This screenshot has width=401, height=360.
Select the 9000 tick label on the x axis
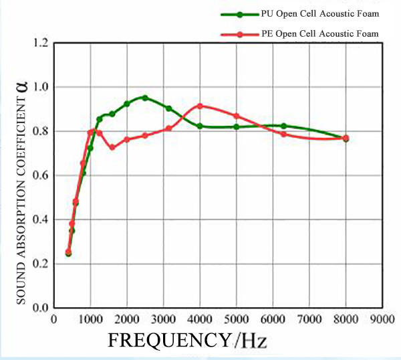pyautogui.click(x=382, y=320)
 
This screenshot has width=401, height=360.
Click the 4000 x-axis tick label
pyautogui.click(x=200, y=320)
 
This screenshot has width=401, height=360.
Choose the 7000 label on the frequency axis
pyautogui.click(x=309, y=320)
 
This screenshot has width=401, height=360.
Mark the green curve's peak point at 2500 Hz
pyautogui.click(x=145, y=98)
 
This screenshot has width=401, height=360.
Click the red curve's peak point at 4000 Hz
pyautogui.click(x=200, y=106)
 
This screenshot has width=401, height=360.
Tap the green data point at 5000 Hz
pyautogui.click(x=236, y=126)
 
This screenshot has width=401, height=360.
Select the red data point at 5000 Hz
pyautogui.click(x=236, y=116)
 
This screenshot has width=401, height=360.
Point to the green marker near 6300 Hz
pyautogui.click(x=283, y=126)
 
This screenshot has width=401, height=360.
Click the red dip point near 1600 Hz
pyautogui.click(x=112, y=147)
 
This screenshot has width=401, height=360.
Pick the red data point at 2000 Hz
pyautogui.click(x=127, y=139)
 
